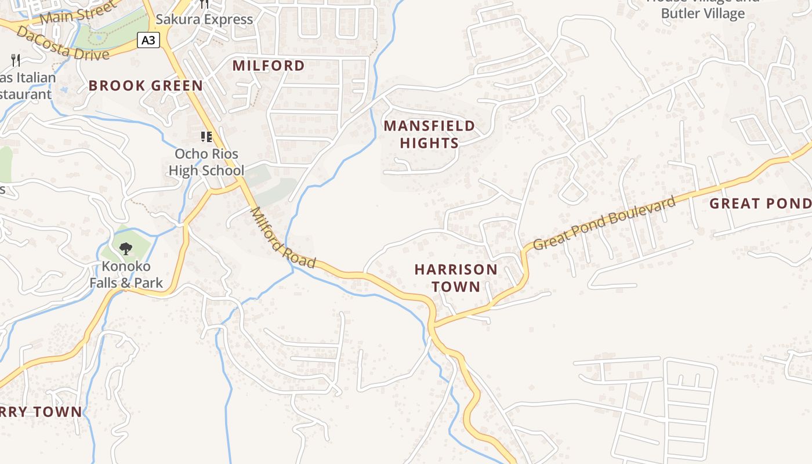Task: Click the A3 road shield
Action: [x=148, y=40]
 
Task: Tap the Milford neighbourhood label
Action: [x=269, y=66]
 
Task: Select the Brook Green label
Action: [x=146, y=86]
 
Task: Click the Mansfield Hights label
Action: [x=429, y=134]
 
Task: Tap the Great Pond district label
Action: [x=760, y=204]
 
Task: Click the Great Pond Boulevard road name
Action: [x=604, y=223]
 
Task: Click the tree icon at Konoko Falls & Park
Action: [x=125, y=249]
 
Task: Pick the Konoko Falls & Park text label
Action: [x=126, y=275]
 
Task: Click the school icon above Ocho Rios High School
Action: [x=206, y=137]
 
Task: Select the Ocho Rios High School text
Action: [x=206, y=162]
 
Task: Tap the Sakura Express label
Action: [x=204, y=19]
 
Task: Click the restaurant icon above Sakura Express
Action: [x=204, y=4]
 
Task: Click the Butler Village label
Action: [x=702, y=13]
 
